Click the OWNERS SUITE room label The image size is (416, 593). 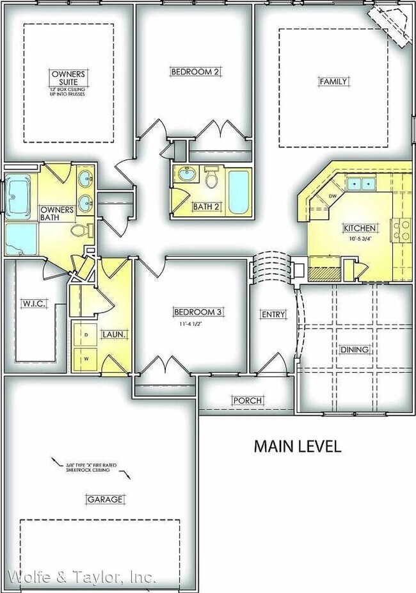[x=68, y=78]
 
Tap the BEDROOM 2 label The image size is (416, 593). [x=195, y=72]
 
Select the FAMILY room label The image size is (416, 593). [x=333, y=81]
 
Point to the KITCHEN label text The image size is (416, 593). [x=360, y=228]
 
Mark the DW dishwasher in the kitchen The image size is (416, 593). [x=332, y=197]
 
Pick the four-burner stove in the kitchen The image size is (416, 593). [x=403, y=230]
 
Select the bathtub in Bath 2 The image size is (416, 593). [x=238, y=191]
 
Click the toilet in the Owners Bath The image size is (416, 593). [x=79, y=231]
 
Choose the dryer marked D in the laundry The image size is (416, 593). [x=86, y=335]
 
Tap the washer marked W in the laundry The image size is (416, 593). [x=86, y=359]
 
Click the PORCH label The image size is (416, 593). [x=247, y=400]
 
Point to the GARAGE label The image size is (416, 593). [x=105, y=500]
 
